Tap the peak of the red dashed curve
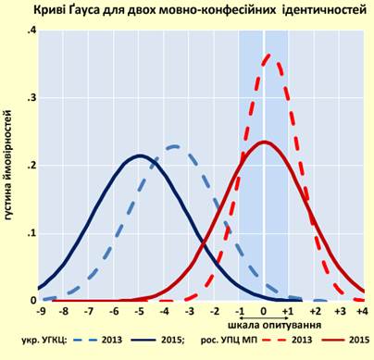[267, 56]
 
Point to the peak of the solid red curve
[264, 142]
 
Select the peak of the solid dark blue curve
[139, 155]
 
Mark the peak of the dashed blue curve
[174, 146]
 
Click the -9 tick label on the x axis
[39, 312]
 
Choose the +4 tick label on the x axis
[363, 312]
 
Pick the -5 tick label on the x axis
[139, 312]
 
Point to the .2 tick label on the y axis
[31, 166]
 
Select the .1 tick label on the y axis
[31, 233]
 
